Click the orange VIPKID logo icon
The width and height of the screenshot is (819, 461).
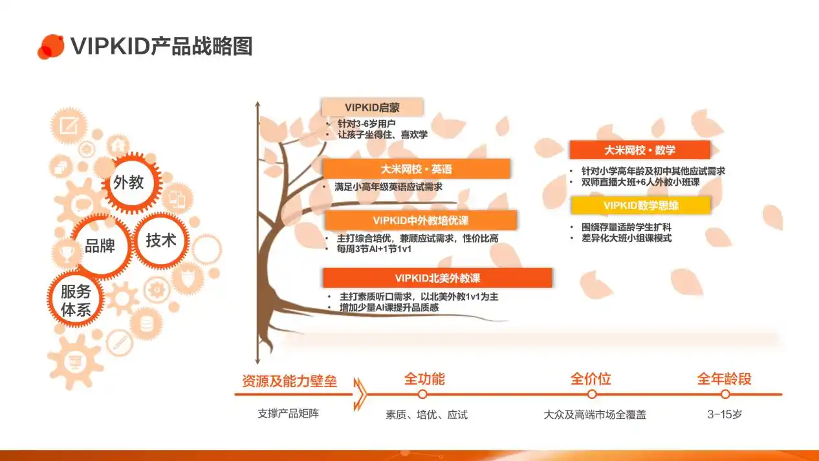(x=50, y=46)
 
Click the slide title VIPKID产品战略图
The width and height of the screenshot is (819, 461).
(x=161, y=46)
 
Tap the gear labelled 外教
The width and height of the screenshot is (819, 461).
(x=129, y=183)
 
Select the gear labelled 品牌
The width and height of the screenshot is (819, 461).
(x=100, y=246)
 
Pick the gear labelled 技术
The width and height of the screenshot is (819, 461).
(x=161, y=240)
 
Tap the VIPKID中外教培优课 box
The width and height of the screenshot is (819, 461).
(x=420, y=220)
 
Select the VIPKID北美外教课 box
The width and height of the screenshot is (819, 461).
(x=437, y=278)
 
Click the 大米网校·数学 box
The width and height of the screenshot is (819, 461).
(x=639, y=150)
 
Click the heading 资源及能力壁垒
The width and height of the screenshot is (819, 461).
(x=289, y=381)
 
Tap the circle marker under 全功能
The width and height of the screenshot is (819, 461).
(x=422, y=394)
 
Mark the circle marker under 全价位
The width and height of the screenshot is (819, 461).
(x=591, y=394)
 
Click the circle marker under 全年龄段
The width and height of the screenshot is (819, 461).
(x=725, y=394)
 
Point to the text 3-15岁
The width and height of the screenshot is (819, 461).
(x=725, y=414)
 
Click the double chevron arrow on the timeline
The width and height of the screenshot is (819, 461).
(x=360, y=394)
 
